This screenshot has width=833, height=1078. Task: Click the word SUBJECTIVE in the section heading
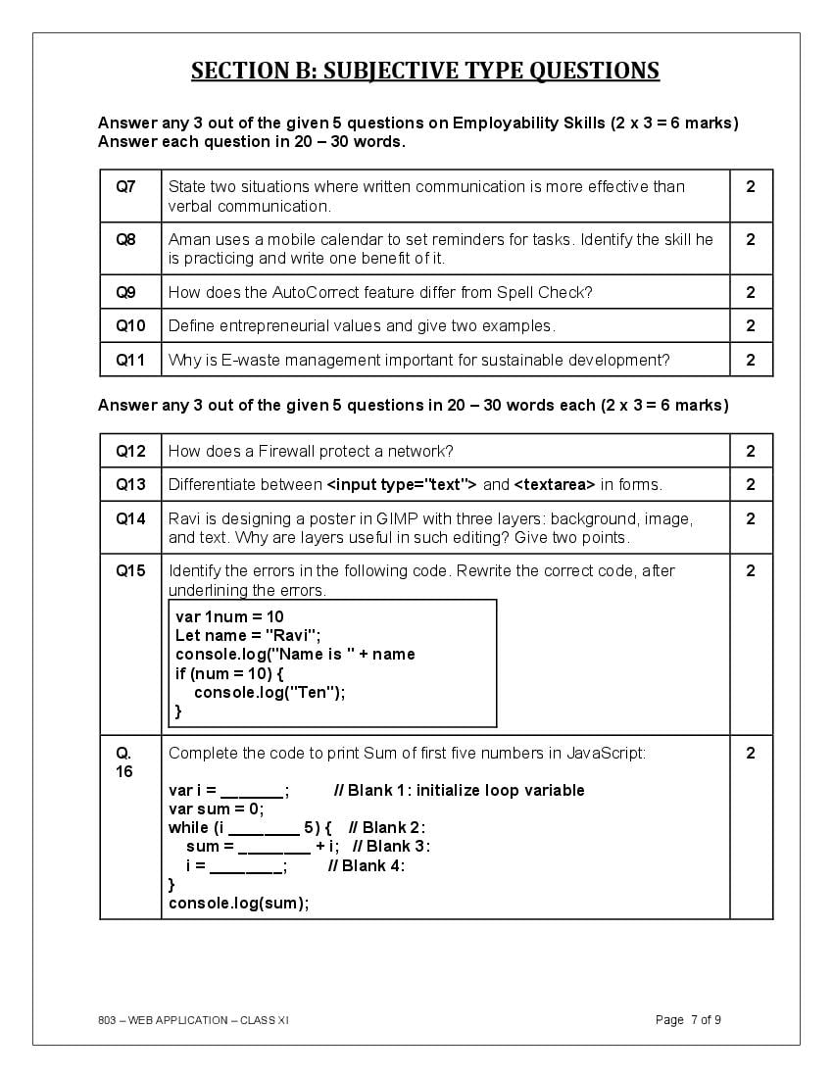(x=391, y=71)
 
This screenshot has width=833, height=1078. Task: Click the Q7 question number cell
(x=126, y=186)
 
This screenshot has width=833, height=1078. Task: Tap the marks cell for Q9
(x=751, y=292)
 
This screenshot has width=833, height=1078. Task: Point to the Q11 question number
(x=130, y=360)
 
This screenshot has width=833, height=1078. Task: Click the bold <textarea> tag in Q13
(x=555, y=484)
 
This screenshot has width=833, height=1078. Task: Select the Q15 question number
(x=130, y=570)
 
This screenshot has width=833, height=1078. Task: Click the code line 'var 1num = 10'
(x=229, y=616)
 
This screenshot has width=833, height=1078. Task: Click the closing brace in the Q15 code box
(x=178, y=710)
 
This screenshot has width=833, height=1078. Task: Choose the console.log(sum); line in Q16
(x=238, y=903)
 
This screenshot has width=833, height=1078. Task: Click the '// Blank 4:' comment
(x=366, y=865)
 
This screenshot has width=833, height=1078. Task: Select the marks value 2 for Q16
(x=751, y=753)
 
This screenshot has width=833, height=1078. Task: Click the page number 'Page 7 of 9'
(x=688, y=1020)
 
